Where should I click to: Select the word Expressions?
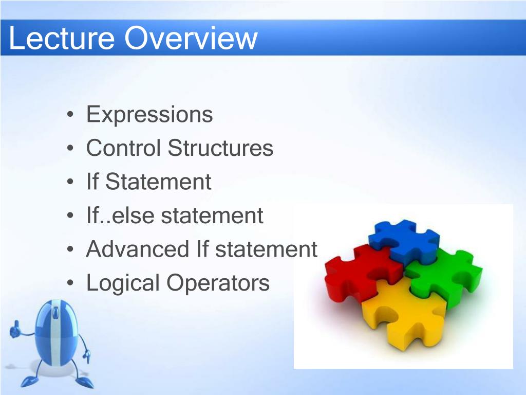[x=149, y=115]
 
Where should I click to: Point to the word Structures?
[x=220, y=148]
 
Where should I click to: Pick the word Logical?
[x=123, y=283]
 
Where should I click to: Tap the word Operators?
[x=218, y=283]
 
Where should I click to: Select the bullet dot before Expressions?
[x=70, y=115]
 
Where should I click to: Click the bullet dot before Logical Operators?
[x=70, y=283]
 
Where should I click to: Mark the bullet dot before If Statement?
[x=70, y=182]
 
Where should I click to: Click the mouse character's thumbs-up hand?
[x=15, y=330]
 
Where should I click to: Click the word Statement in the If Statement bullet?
[x=158, y=182]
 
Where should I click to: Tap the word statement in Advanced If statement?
[x=266, y=249]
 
